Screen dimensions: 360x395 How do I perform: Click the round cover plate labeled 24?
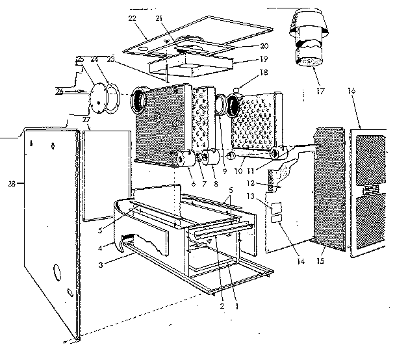click(x=101, y=94)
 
